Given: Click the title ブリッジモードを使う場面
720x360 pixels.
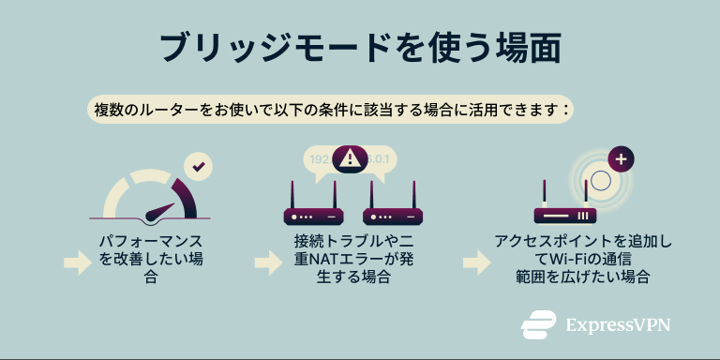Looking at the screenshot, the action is tap(359, 47).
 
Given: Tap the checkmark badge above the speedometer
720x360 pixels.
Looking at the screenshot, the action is tap(198, 167).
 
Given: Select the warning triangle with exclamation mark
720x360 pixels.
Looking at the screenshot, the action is tap(350, 157).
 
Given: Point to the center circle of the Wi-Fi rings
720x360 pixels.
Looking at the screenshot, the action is tap(600, 178).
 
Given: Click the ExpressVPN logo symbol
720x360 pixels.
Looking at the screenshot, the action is tap(538, 325).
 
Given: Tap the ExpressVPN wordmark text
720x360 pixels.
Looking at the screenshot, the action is tap(618, 325).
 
